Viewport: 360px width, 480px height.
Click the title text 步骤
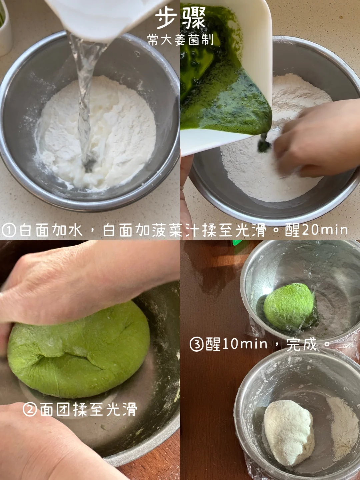point(180,19)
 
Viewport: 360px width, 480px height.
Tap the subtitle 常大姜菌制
point(180,40)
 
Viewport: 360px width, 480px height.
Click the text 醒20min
point(316,230)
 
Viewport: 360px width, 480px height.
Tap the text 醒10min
point(236,344)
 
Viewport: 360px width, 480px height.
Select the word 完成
point(301,344)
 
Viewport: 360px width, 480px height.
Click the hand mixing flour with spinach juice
point(317,140)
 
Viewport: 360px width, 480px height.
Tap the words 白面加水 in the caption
point(51,230)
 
